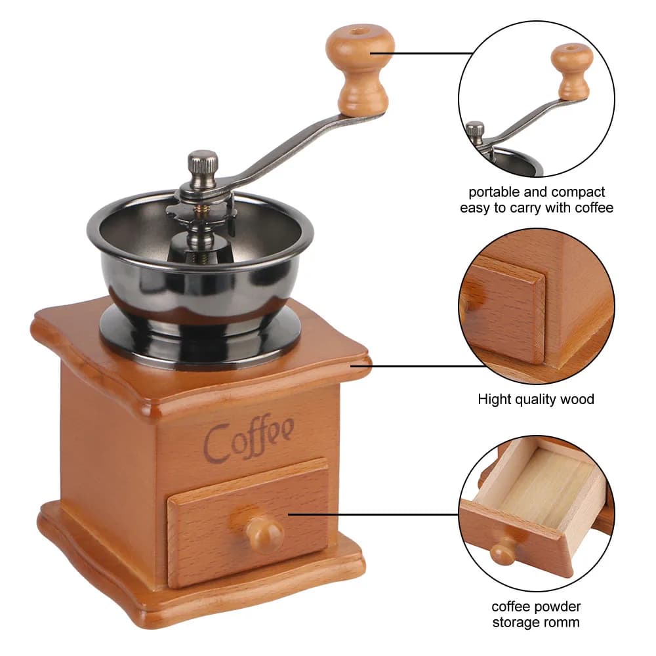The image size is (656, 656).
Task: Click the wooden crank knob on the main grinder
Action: point(359,69)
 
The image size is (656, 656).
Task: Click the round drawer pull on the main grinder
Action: point(264,533)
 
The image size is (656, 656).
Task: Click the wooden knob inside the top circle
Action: point(572,71)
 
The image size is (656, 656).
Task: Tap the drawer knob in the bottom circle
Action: point(504,551)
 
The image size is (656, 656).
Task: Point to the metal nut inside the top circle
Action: point(475,132)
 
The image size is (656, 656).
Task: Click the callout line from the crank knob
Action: point(422,54)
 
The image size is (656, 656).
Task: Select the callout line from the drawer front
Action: point(374,514)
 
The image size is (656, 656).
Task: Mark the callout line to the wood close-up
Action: point(419,366)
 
